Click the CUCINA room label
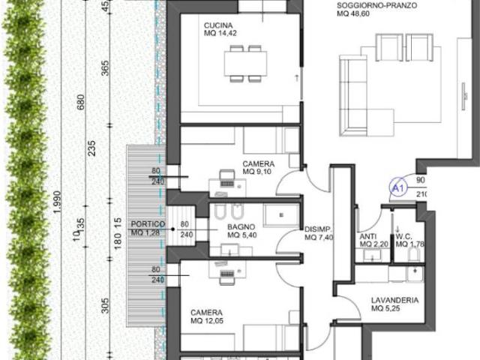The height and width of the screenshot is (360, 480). tap(218, 25)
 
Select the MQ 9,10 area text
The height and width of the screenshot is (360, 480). tap(256, 172)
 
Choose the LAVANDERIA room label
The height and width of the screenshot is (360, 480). tap(395, 300)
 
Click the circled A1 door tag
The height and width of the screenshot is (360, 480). tap(398, 187)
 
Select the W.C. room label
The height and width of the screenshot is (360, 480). tap(404, 237)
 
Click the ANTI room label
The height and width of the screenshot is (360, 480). tap(368, 237)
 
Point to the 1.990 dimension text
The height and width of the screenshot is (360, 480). tap(57, 202)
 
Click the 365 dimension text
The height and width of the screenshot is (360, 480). tap(105, 68)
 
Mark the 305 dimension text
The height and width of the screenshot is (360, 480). tap(105, 305)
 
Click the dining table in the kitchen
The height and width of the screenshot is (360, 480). tap(245, 64)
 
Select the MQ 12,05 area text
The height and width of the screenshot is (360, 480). tap(207, 321)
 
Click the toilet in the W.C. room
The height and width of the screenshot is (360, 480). tap(414, 254)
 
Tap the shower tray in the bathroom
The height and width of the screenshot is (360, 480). tap(281, 215)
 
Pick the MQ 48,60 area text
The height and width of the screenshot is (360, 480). tap(353, 13)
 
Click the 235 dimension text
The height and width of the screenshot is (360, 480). tap(91, 148)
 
